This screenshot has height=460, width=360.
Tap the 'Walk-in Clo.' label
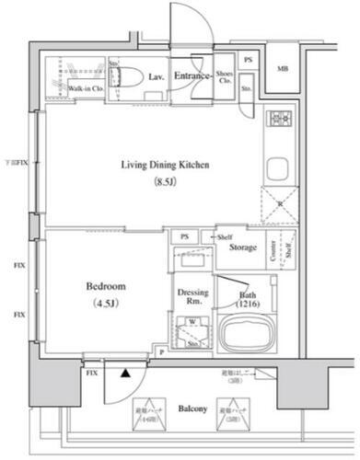point(85,88)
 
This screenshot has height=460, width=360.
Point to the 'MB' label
point(283,70)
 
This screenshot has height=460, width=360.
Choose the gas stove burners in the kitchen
point(279,119)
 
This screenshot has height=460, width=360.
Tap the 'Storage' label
point(242,247)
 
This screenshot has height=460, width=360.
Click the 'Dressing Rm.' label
point(192,297)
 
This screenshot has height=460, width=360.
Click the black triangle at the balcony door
point(122,374)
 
